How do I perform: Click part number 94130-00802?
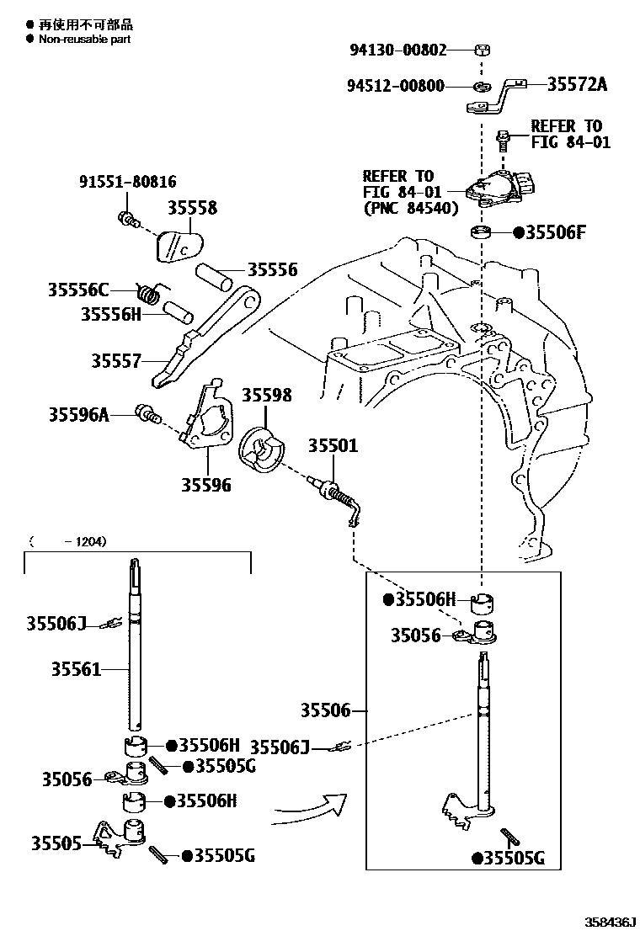click(398, 50)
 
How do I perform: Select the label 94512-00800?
click(396, 86)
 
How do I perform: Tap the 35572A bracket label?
click(577, 84)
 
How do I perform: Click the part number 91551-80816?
click(128, 182)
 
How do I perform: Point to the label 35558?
click(191, 207)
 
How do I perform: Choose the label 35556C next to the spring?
click(78, 290)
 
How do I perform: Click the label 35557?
click(116, 360)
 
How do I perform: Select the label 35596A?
click(79, 413)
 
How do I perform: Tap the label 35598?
click(267, 395)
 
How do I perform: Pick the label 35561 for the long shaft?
click(76, 669)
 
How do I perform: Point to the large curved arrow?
click(312, 808)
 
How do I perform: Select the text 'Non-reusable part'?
click(84, 39)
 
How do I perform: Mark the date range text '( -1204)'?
click(67, 541)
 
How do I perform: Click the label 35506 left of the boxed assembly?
click(325, 710)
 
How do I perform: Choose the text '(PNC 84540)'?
click(410, 207)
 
